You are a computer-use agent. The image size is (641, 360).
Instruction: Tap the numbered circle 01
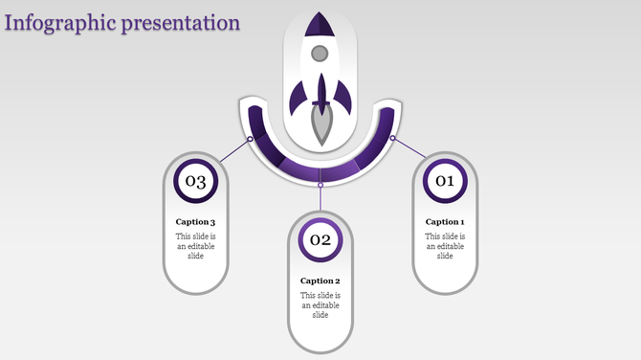[445, 181]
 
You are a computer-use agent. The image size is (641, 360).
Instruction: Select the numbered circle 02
[320, 239]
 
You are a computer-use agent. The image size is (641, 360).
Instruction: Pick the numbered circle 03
[195, 181]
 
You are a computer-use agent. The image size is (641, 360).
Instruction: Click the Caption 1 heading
[445, 222]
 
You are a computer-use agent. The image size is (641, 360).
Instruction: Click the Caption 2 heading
[320, 281]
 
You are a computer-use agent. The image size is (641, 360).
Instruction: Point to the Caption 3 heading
[195, 222]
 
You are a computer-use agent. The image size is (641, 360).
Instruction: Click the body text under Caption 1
[445, 246]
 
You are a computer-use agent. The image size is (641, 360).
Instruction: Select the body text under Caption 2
[320, 304]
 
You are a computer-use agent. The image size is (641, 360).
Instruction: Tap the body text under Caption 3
[195, 246]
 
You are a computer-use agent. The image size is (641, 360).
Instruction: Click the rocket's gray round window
[320, 53]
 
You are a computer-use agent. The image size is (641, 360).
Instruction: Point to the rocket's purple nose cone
[320, 24]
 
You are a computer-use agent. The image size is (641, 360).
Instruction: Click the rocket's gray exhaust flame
[320, 124]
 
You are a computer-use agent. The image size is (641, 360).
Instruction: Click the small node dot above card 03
[251, 139]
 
